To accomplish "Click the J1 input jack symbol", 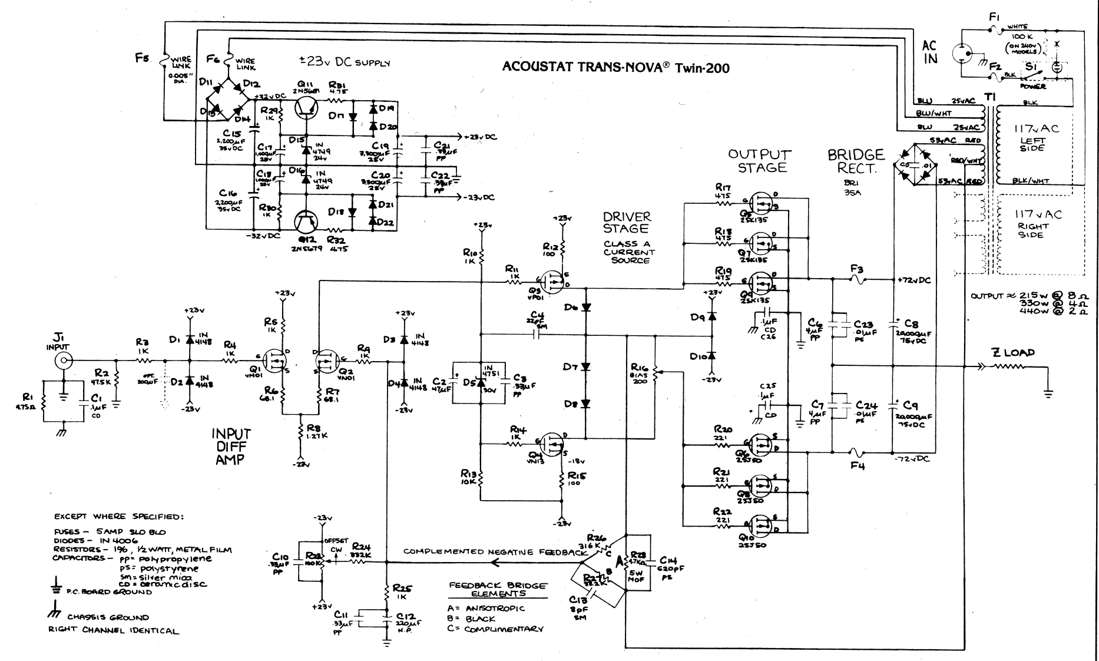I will pos(64,361).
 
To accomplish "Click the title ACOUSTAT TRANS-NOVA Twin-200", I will pos(615,68).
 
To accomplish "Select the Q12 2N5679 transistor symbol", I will pos(306,222).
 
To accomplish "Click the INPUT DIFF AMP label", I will pos(231,447).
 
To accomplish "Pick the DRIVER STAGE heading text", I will pos(626,223).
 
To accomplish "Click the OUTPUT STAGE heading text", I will pos(760,161).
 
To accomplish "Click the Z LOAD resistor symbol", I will pos(1009,366).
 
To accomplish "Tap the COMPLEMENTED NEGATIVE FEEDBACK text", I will pos(495,552).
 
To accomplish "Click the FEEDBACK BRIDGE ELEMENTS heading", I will pos(497,590).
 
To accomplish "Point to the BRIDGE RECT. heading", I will pos(856,161).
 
